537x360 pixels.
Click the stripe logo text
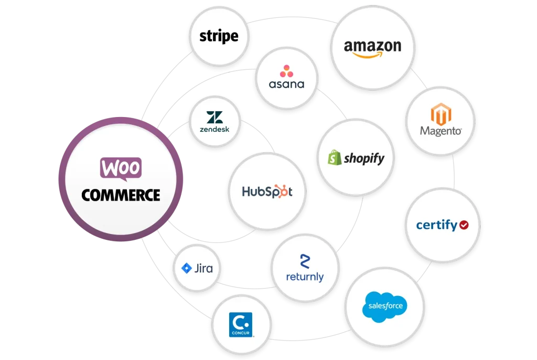[219, 36]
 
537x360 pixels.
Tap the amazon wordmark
[372, 46]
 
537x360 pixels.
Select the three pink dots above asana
[286, 70]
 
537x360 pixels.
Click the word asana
[286, 84]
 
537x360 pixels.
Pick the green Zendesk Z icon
[214, 118]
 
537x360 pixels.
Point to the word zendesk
[214, 129]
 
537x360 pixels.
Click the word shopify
[363, 158]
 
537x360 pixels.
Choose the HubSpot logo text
[267, 192]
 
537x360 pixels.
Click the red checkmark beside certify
[463, 225]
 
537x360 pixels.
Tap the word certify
[436, 225]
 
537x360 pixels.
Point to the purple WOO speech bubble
[120, 168]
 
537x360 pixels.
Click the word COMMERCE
[121, 195]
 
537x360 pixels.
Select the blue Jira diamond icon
[187, 269]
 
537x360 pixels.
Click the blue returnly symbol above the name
[305, 261]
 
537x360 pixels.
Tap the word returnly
[305, 277]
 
